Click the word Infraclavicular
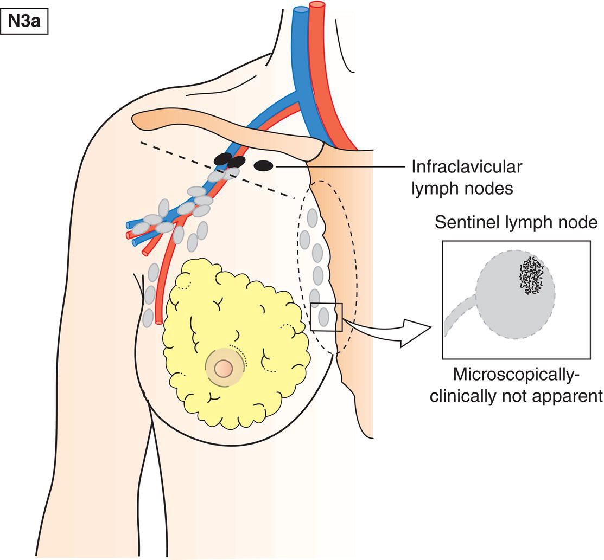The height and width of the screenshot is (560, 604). coord(466,167)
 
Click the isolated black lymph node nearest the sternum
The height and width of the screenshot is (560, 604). coord(264,165)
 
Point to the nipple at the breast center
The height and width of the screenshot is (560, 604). coord(223,368)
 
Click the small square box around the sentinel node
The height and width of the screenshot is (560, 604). coord(326,317)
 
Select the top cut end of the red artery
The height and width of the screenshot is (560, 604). coord(316,5)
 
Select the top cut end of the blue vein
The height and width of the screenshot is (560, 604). coord(300,9)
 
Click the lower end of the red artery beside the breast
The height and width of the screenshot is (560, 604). coord(158,320)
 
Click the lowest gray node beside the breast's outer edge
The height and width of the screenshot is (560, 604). coord(148,318)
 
